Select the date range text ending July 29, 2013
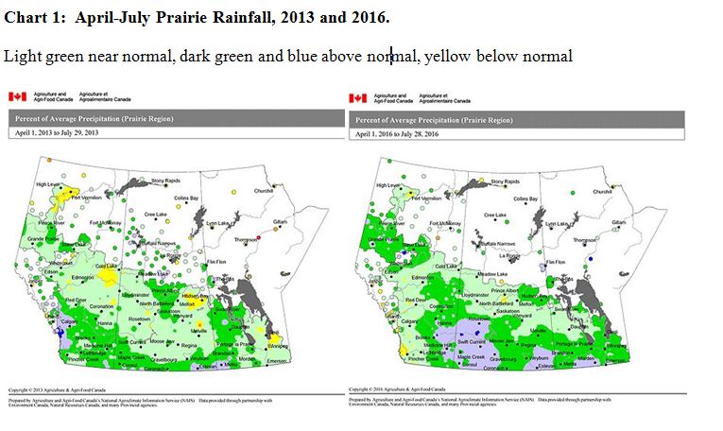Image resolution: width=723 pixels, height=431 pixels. (x=57, y=133)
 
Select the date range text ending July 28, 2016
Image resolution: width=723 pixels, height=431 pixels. (x=398, y=133)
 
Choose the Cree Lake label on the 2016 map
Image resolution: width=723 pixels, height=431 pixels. (x=495, y=215)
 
